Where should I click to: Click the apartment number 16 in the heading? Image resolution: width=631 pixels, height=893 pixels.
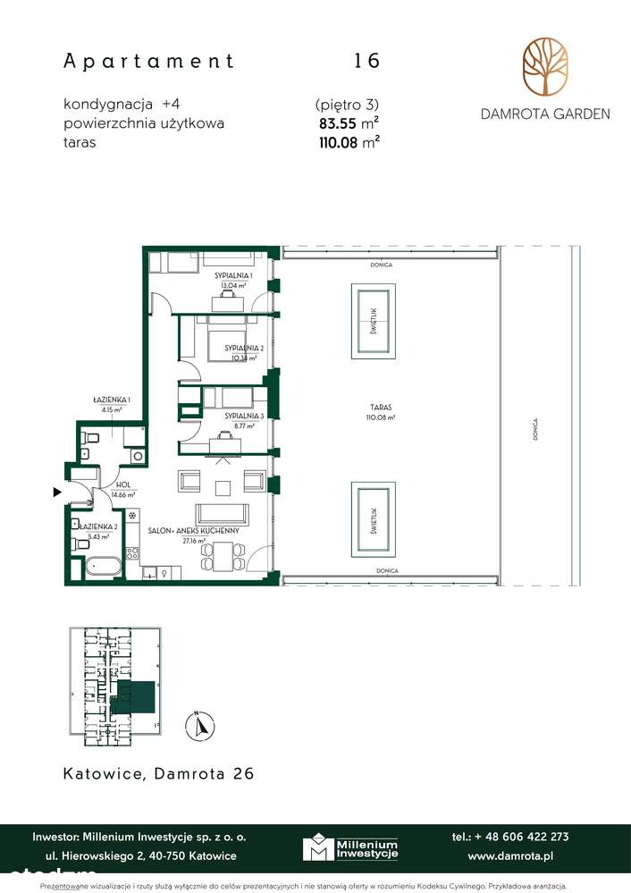pyautogui.click(x=366, y=61)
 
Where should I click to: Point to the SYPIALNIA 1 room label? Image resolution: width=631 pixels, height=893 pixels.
pyautogui.click(x=231, y=276)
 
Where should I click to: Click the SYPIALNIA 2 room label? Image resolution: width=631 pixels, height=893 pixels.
pyautogui.click(x=242, y=348)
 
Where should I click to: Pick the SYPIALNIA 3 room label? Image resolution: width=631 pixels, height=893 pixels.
pyautogui.click(x=241, y=417)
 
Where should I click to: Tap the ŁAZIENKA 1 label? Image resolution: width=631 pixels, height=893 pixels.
pyautogui.click(x=112, y=400)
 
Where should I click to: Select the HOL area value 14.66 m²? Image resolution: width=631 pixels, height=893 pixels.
pyautogui.click(x=122, y=494)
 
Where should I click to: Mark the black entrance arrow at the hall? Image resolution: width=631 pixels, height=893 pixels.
pyautogui.click(x=57, y=492)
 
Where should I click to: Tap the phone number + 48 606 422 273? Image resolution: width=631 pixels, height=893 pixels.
pyautogui.click(x=510, y=837)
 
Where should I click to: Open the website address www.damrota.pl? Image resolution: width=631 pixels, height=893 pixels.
pyautogui.click(x=510, y=855)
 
